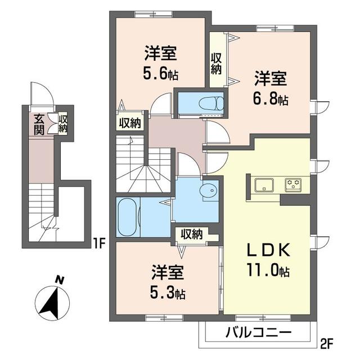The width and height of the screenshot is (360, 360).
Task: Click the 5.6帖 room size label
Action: [x=161, y=74]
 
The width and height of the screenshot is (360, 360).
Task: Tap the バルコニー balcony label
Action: [x=259, y=332]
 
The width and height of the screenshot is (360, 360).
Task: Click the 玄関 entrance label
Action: [x=39, y=124]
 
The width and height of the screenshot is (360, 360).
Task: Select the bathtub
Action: [x=129, y=216]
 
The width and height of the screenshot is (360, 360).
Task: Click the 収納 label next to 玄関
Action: [x=63, y=124]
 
